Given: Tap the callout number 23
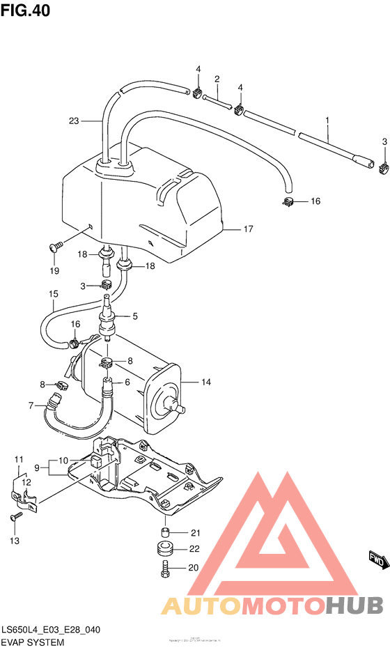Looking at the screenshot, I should tap(75, 121).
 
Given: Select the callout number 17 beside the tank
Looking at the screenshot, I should tap(248, 229).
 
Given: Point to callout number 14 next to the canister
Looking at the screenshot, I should tap(205, 382).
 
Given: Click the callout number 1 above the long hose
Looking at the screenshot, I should tap(326, 121).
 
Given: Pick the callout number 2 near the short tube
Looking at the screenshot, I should tap(217, 79).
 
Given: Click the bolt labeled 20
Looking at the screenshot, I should tap(164, 568).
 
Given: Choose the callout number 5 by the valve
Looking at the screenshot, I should tap(135, 316).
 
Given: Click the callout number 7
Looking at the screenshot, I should tap(31, 405).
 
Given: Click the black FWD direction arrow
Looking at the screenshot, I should tap(376, 559).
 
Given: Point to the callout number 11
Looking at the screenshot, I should tap(19, 458).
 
